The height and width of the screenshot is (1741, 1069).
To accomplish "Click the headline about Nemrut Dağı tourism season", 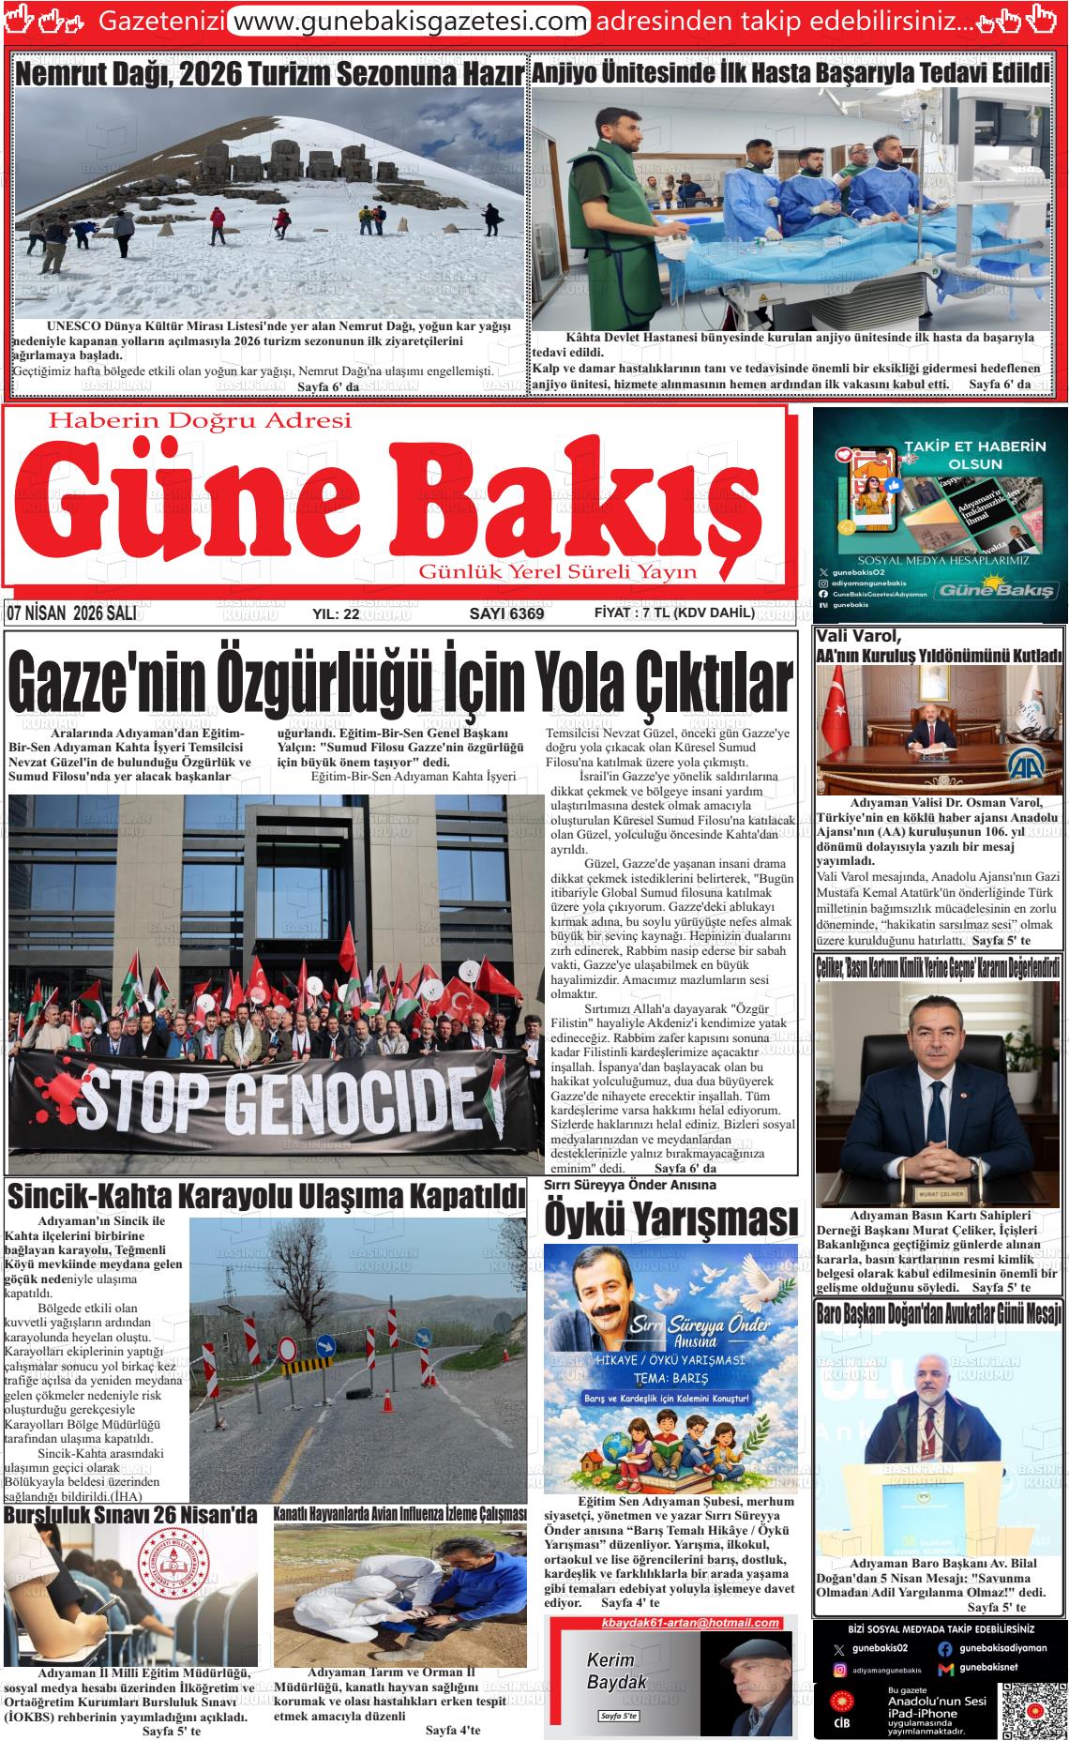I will pyautogui.click(x=269, y=74).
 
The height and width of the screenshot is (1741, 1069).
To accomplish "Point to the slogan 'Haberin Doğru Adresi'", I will pyautogui.click(x=199, y=420).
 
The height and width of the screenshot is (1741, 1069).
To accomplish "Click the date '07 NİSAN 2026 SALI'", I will pyautogui.click(x=71, y=613).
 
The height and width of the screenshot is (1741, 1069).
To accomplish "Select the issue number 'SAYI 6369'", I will pyautogui.click(x=506, y=613).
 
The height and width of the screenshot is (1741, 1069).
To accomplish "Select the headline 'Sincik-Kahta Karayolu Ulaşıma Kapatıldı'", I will pyautogui.click(x=266, y=1198).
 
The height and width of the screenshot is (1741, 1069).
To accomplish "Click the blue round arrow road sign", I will pyautogui.click(x=324, y=1342).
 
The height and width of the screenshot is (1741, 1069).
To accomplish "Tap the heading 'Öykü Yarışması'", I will pyautogui.click(x=671, y=1220).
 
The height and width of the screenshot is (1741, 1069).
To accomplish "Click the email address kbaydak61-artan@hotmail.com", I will pyautogui.click(x=690, y=1623).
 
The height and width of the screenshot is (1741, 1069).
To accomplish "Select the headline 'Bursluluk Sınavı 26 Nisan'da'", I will pyautogui.click(x=130, y=1515).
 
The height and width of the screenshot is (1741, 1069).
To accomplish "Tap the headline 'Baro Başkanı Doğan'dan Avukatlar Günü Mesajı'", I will pyautogui.click(x=939, y=1310).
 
